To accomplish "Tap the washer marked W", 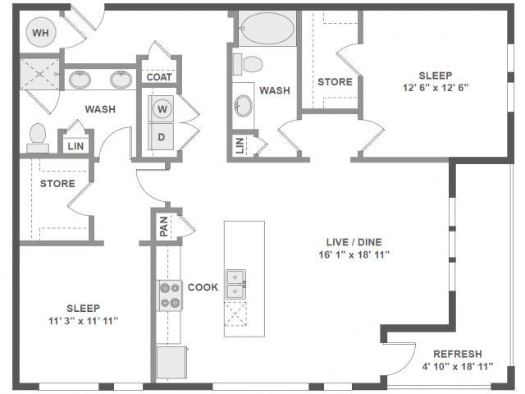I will tap(162, 108).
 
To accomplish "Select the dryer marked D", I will tap(162, 136).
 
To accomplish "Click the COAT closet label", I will tap(159, 77).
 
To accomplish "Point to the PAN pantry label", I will tap(163, 226).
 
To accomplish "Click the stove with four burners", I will tap(170, 295).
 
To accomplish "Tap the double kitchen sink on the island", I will tap(236, 284).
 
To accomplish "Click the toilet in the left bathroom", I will tap(38, 137).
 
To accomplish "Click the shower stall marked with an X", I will tap(38, 75).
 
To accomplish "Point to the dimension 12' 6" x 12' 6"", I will tap(436, 86).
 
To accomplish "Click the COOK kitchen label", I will tap(203, 287).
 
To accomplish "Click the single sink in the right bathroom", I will tap(244, 105).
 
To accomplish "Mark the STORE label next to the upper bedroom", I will tap(335, 82).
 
